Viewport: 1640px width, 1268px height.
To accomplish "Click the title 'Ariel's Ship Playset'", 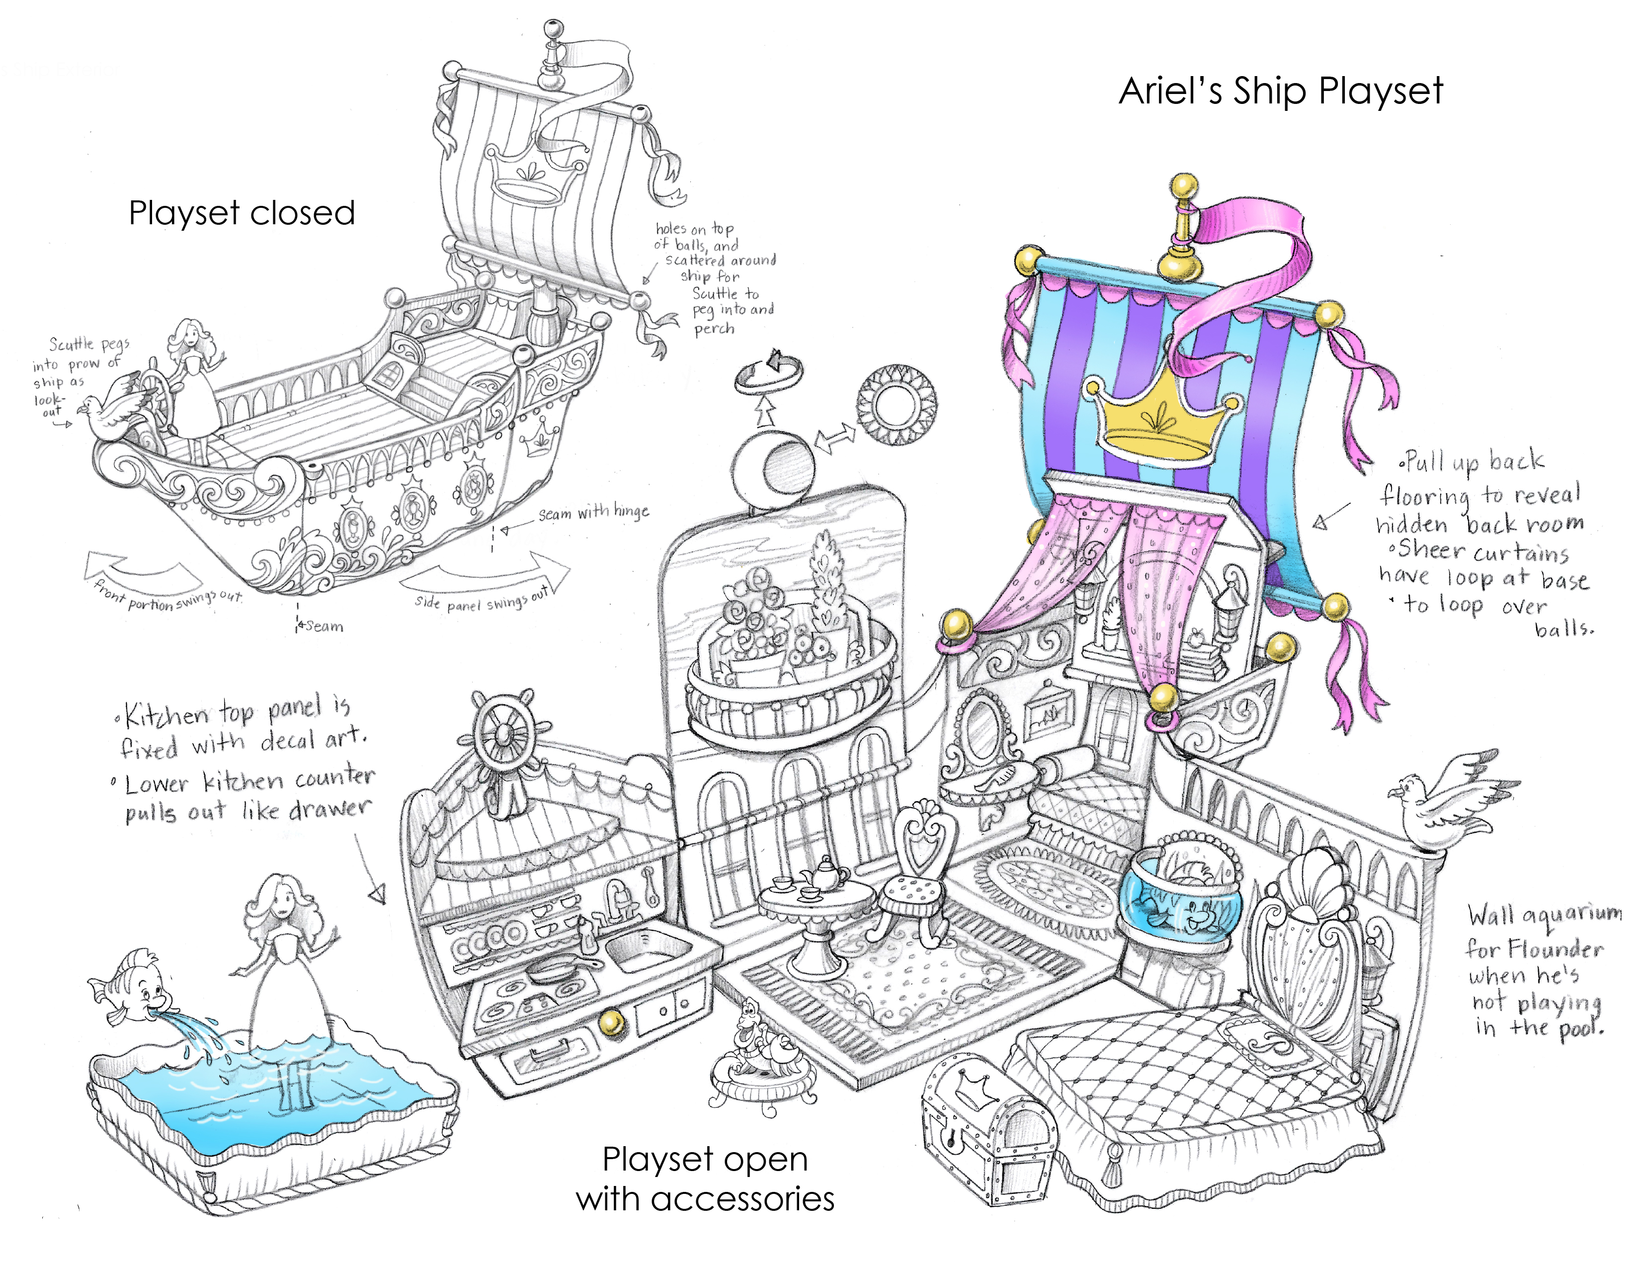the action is point(1280,91).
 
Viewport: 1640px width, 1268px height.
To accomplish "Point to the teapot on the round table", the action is point(824,873).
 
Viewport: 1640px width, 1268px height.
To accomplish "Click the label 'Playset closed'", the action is point(242,213).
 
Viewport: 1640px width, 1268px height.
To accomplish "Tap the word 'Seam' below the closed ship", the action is point(325,626).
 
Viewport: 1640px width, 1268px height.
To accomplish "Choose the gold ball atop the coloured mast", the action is point(1184,185).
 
